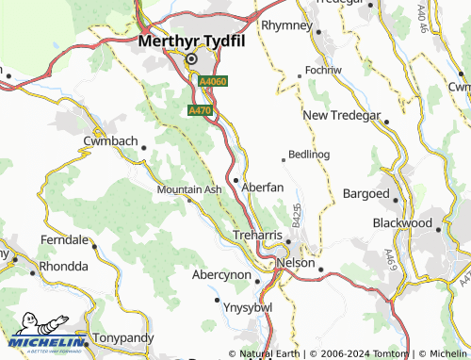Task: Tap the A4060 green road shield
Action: tap(211, 83)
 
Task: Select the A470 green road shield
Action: tap(200, 110)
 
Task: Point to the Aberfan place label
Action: tap(263, 188)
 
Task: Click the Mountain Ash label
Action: tap(188, 189)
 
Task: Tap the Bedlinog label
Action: tap(310, 154)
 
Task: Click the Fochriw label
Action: tap(320, 72)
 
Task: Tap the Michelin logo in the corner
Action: tap(45, 334)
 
